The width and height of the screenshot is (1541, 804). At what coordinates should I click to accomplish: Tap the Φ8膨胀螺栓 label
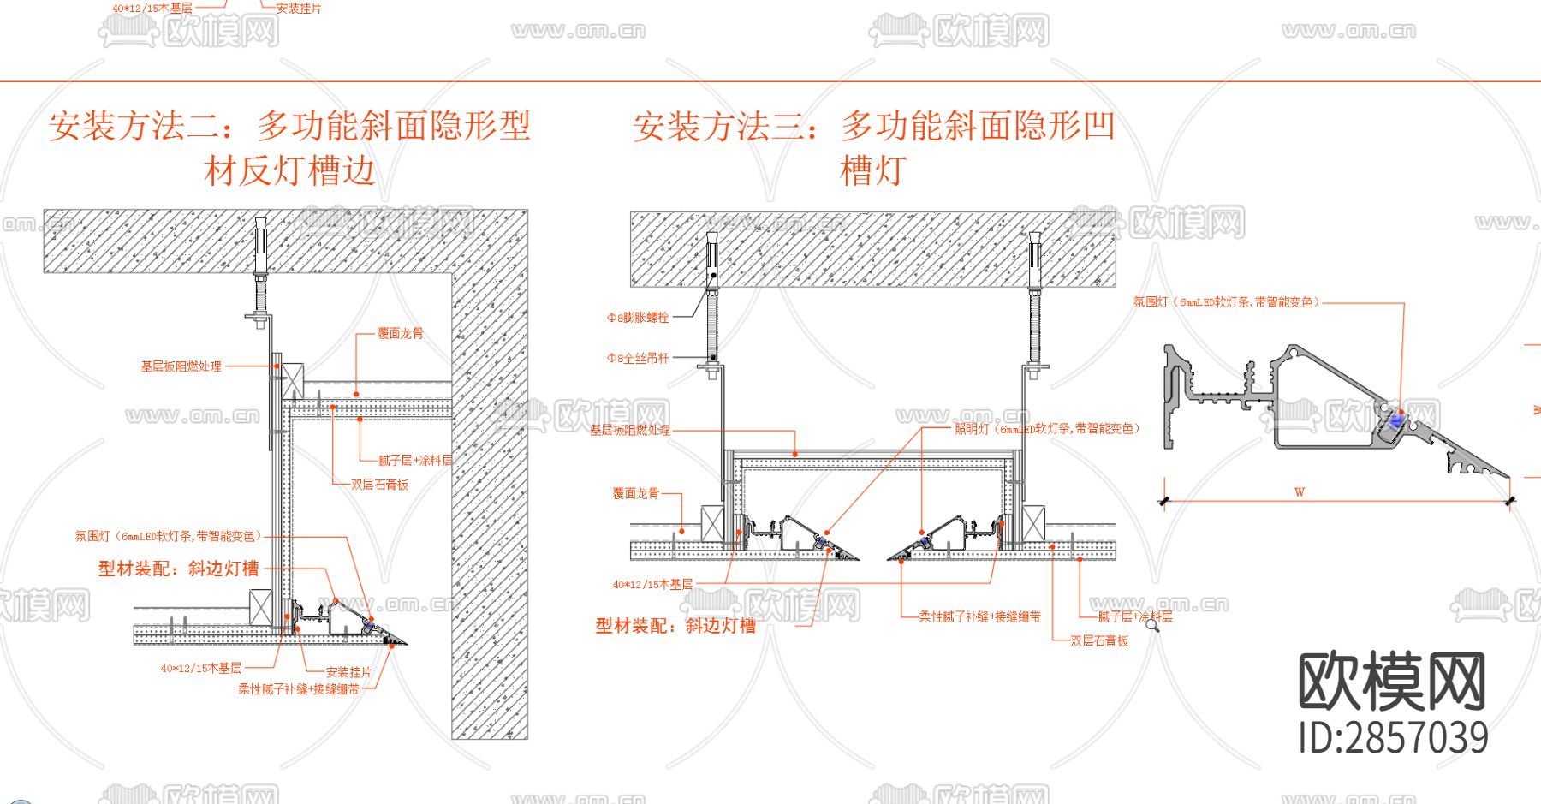[x=638, y=318]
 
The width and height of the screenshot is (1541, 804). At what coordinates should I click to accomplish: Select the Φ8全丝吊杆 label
[x=638, y=358]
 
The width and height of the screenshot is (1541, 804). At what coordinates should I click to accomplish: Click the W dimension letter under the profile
[x=1300, y=492]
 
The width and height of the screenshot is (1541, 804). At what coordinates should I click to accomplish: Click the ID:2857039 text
[x=1393, y=738]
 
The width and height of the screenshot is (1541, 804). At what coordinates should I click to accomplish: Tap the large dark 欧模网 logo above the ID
[x=1392, y=681]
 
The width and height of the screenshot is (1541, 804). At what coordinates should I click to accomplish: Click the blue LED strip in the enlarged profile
[x=1396, y=420]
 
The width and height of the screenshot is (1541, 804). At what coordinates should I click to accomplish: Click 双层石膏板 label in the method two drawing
[x=379, y=485]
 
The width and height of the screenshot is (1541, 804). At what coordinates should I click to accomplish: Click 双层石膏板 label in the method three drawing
[x=1099, y=640]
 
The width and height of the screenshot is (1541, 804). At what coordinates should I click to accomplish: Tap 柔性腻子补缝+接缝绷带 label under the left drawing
[x=299, y=689]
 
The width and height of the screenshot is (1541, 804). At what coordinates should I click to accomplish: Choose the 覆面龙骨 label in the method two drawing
[x=401, y=333]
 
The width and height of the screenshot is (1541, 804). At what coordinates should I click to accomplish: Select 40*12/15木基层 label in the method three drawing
[x=652, y=585]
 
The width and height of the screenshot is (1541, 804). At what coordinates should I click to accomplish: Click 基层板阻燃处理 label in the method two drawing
[x=181, y=366]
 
